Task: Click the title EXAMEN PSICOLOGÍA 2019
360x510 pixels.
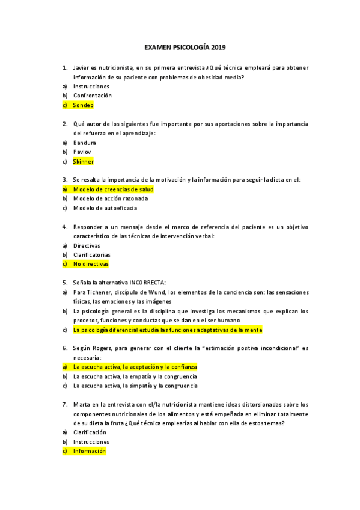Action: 186,46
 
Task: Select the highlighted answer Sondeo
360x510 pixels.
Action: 84,105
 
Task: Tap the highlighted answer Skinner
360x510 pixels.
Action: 84,161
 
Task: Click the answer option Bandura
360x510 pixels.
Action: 85,143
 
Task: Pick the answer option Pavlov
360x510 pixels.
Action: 82,152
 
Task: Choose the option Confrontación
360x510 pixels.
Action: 93,96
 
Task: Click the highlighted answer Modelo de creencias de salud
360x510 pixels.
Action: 113,189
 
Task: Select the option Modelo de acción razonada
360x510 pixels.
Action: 111,198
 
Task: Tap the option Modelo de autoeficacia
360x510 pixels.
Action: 105,208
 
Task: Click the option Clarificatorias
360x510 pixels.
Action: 92,254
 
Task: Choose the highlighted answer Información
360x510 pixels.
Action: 89,450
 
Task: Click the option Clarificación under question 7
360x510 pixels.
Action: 90,432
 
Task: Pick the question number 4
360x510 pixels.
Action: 64,227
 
